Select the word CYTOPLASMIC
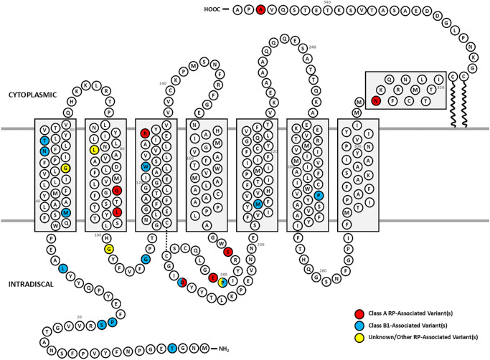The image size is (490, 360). point(29,95)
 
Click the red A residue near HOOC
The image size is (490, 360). point(260,10)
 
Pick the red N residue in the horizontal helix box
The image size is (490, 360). point(376,101)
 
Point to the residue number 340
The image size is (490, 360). point(327,3)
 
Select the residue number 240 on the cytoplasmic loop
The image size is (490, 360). point(312,47)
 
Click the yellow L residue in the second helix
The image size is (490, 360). point(95,149)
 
